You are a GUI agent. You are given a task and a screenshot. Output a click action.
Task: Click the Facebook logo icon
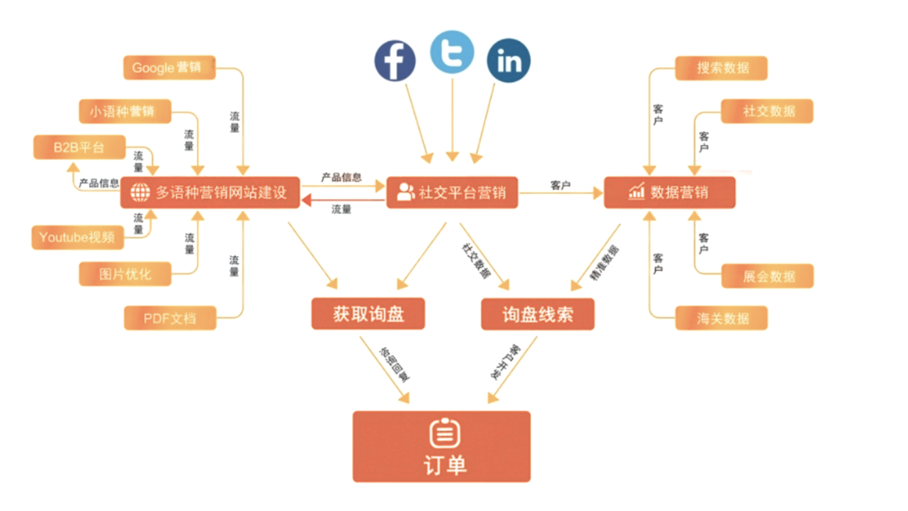(x=395, y=61)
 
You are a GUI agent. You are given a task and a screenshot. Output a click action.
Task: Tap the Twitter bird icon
(x=452, y=52)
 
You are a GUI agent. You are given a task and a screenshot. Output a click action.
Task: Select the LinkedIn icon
(x=508, y=61)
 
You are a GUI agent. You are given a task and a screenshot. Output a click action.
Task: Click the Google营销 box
(x=169, y=67)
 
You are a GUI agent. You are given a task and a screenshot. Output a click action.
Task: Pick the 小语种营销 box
(x=125, y=111)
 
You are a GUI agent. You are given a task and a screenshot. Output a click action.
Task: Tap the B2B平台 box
(x=79, y=147)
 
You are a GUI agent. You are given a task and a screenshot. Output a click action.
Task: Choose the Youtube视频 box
(x=77, y=237)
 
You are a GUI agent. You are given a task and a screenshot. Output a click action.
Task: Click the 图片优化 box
(x=125, y=274)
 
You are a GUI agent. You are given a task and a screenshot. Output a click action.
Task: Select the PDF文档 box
(x=170, y=318)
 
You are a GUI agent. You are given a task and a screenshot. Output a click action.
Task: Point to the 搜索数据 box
(x=721, y=68)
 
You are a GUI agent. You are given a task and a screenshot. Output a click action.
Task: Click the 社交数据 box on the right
(x=767, y=111)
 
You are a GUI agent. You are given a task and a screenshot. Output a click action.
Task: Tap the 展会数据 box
(x=767, y=277)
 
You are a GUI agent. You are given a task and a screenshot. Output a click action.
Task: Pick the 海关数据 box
(x=721, y=318)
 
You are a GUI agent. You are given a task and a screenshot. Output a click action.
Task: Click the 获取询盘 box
(x=368, y=314)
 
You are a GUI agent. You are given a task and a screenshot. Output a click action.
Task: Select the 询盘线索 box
(x=537, y=314)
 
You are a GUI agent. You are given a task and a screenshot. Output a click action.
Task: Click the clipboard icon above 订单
(x=445, y=433)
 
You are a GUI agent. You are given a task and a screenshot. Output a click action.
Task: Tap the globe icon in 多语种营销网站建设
(x=140, y=192)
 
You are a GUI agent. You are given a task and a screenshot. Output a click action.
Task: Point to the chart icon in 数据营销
(x=636, y=192)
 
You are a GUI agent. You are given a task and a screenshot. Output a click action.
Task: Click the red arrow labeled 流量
(x=342, y=200)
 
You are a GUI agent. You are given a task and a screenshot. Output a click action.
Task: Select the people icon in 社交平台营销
(x=405, y=192)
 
